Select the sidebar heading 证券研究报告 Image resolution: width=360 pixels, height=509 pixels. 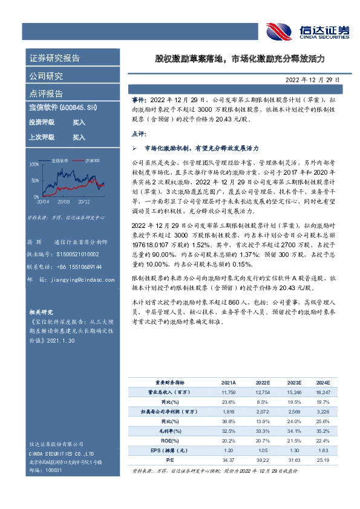[54, 59]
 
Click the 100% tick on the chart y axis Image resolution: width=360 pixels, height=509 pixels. [34, 163]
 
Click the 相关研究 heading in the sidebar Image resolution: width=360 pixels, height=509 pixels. [41, 312]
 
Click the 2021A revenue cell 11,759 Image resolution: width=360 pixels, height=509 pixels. [228, 393]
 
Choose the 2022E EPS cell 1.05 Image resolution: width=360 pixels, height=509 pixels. [261, 450]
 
